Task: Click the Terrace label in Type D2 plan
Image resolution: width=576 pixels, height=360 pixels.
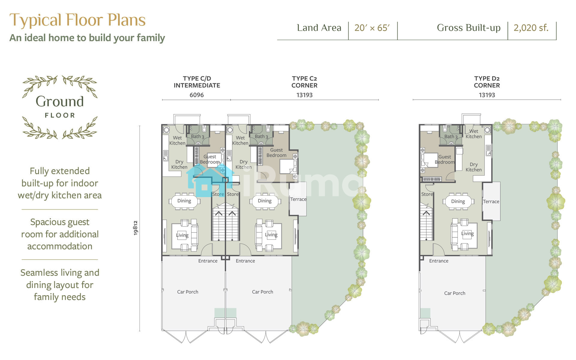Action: coord(491,202)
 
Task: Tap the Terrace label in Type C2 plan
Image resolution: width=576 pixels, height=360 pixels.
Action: coord(298,199)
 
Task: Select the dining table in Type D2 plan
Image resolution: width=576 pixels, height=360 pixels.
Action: coord(458,201)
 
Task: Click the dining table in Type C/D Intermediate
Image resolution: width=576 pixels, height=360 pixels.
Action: coord(184,201)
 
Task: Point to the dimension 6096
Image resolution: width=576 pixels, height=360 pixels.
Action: coord(196,95)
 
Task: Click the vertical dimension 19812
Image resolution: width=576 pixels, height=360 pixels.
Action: coord(136,228)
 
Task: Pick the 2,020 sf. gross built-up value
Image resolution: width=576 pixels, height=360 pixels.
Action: coord(531,28)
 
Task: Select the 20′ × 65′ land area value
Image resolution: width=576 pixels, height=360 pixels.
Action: coord(372,28)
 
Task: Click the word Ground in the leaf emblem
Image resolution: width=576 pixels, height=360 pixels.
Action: coord(60,101)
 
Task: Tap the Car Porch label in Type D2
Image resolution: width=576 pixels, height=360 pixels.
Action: coord(455,293)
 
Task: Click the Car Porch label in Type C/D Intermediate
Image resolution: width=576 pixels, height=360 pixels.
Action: coord(187,292)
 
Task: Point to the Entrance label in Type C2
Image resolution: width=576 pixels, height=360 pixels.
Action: coord(245,261)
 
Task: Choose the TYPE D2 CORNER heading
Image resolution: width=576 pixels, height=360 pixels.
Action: coord(487,82)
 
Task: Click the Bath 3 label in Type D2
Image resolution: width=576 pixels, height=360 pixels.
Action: coord(451,137)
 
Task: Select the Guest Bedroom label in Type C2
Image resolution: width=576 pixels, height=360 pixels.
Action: coord(276,153)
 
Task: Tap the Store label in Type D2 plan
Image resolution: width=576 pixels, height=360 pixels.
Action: coord(427,194)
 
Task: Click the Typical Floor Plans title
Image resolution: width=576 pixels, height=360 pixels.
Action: coord(77,20)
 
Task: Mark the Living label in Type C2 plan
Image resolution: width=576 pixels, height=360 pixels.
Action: coord(271,235)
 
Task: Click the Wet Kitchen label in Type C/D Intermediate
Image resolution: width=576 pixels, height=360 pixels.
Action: coord(177,140)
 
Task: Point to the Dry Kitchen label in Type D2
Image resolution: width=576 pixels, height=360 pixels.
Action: coord(474,167)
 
